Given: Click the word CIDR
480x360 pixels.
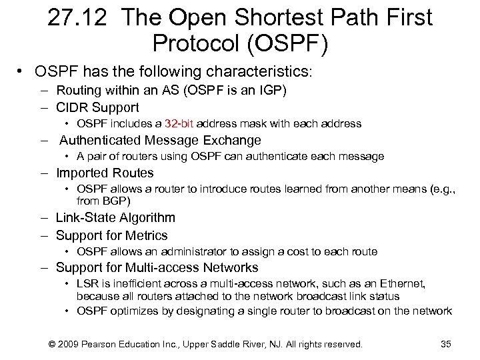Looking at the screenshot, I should point(73,107).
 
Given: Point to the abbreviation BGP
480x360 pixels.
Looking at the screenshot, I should point(115,201).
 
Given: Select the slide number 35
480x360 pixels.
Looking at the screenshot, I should point(446,344).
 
